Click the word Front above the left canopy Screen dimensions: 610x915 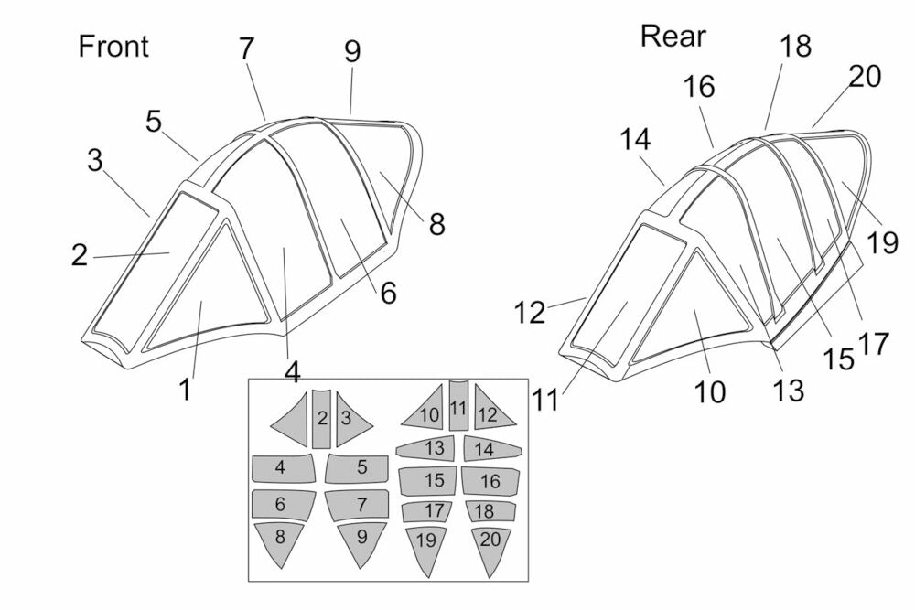point(113,46)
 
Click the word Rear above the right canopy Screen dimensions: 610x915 point(673,36)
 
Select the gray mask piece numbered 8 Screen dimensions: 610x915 point(280,542)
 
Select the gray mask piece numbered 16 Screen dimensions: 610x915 point(490,480)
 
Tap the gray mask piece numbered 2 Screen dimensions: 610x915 point(321,419)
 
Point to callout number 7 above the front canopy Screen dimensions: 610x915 point(246,49)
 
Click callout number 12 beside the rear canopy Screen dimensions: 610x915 point(529,314)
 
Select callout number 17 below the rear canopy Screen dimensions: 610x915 point(874,344)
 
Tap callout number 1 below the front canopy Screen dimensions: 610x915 point(186,390)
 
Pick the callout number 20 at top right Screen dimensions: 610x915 point(864,77)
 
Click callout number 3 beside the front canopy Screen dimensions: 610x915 point(95,160)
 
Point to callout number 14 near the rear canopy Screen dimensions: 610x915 point(635,140)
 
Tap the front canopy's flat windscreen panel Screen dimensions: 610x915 point(151,265)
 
